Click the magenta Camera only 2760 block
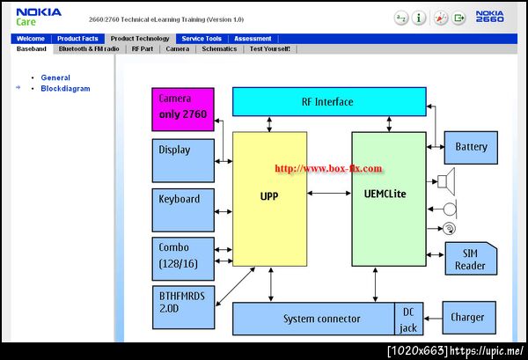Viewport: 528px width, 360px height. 183,109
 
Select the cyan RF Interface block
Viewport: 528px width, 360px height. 329,102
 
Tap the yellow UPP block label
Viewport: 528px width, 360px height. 269,196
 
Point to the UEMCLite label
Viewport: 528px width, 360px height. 385,194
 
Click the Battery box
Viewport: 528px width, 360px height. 471,148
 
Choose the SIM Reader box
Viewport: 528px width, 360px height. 471,258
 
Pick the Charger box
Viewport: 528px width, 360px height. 469,318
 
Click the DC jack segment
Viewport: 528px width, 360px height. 409,319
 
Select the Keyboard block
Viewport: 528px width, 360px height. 183,210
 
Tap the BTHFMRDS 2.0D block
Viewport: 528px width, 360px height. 184,307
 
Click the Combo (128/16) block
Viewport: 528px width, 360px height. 183,259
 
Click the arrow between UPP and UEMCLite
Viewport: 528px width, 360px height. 329,194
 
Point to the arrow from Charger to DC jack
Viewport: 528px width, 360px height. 433,319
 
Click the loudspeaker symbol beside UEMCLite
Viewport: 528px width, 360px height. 446,181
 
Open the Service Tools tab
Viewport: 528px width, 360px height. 202,39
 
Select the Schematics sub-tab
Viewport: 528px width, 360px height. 219,48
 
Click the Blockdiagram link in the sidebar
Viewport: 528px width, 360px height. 65,89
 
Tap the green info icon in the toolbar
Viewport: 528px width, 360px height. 419,18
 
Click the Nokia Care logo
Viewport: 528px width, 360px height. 39,17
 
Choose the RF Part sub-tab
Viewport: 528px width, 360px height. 143,48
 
